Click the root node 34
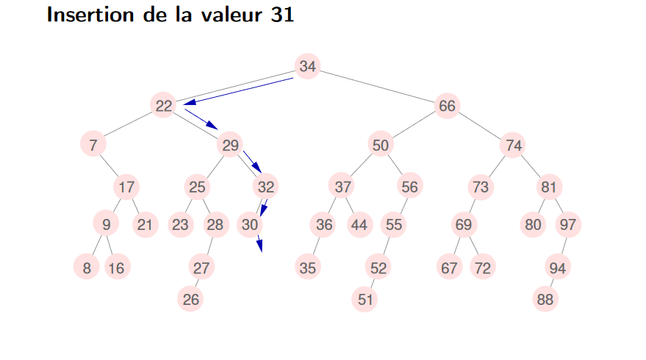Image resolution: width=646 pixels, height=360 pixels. point(308,67)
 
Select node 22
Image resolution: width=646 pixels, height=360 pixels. point(164,107)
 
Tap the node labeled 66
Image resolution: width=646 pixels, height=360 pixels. point(447,107)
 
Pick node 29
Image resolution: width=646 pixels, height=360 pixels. point(231,145)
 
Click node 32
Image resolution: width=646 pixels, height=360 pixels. point(266,187)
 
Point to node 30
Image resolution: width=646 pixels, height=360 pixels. point(251,225)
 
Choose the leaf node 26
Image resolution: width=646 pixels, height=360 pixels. point(190,299)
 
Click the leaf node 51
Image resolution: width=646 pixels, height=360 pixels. point(365,299)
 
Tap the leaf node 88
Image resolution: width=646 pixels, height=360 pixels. point(545,299)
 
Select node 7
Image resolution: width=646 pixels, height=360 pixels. point(93,145)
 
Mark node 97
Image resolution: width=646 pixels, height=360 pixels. point(567,225)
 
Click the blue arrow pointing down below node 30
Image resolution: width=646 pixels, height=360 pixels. point(259,243)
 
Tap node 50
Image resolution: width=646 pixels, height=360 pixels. point(380,145)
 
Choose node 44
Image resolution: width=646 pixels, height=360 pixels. point(359,225)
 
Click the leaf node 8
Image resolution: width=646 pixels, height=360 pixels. point(87,268)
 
